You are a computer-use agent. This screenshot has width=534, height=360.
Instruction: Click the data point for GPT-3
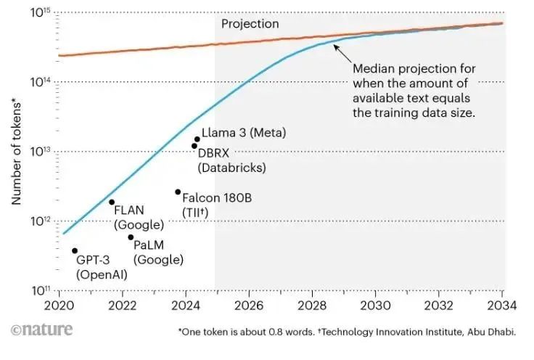click(x=75, y=250)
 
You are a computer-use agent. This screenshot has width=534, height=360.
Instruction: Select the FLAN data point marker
click(x=112, y=202)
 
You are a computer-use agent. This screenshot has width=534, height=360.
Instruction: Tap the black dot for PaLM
click(x=131, y=237)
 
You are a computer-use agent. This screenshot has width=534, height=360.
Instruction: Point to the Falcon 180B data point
click(x=178, y=192)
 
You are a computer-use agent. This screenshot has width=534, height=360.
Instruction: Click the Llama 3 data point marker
click(x=197, y=139)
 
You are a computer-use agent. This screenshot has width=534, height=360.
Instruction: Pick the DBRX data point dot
click(x=194, y=146)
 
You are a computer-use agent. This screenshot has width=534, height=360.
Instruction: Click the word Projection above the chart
click(x=250, y=24)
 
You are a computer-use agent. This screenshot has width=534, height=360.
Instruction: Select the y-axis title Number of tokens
click(x=15, y=152)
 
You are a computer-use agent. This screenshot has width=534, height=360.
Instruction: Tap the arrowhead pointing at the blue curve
click(x=335, y=46)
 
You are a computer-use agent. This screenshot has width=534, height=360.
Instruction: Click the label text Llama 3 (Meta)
click(x=244, y=133)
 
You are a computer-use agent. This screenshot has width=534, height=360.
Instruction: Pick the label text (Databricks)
click(x=231, y=168)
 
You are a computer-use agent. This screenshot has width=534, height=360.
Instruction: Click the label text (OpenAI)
click(x=102, y=274)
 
